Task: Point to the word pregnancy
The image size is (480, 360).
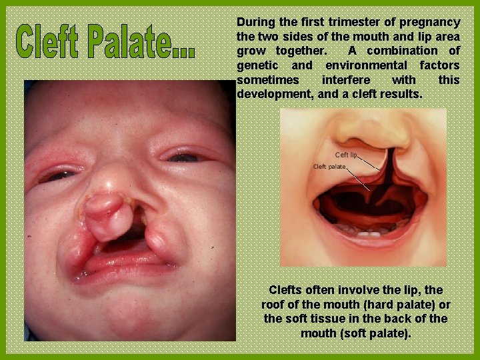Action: coord(431,22)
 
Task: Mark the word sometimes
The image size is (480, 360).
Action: coord(263,80)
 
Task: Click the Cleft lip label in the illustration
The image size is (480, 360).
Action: coord(346,155)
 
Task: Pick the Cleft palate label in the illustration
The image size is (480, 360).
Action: coord(329,166)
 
